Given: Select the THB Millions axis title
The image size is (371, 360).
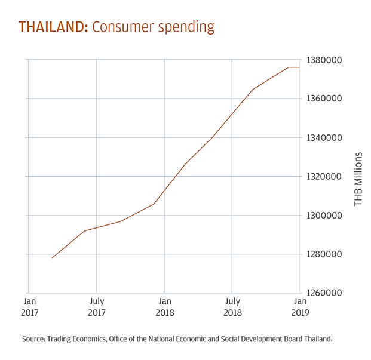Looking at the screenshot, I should coord(358,179).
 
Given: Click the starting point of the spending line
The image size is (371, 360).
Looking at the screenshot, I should coord(53,258).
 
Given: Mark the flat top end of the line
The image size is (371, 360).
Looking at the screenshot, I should coord(299,67).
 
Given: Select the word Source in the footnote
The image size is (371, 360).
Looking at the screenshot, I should coord(34,339).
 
